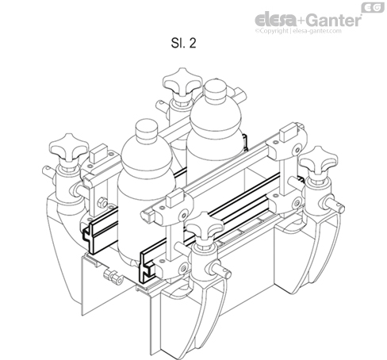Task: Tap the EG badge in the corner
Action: pos(370,7)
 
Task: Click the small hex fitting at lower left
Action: pos(113,278)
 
